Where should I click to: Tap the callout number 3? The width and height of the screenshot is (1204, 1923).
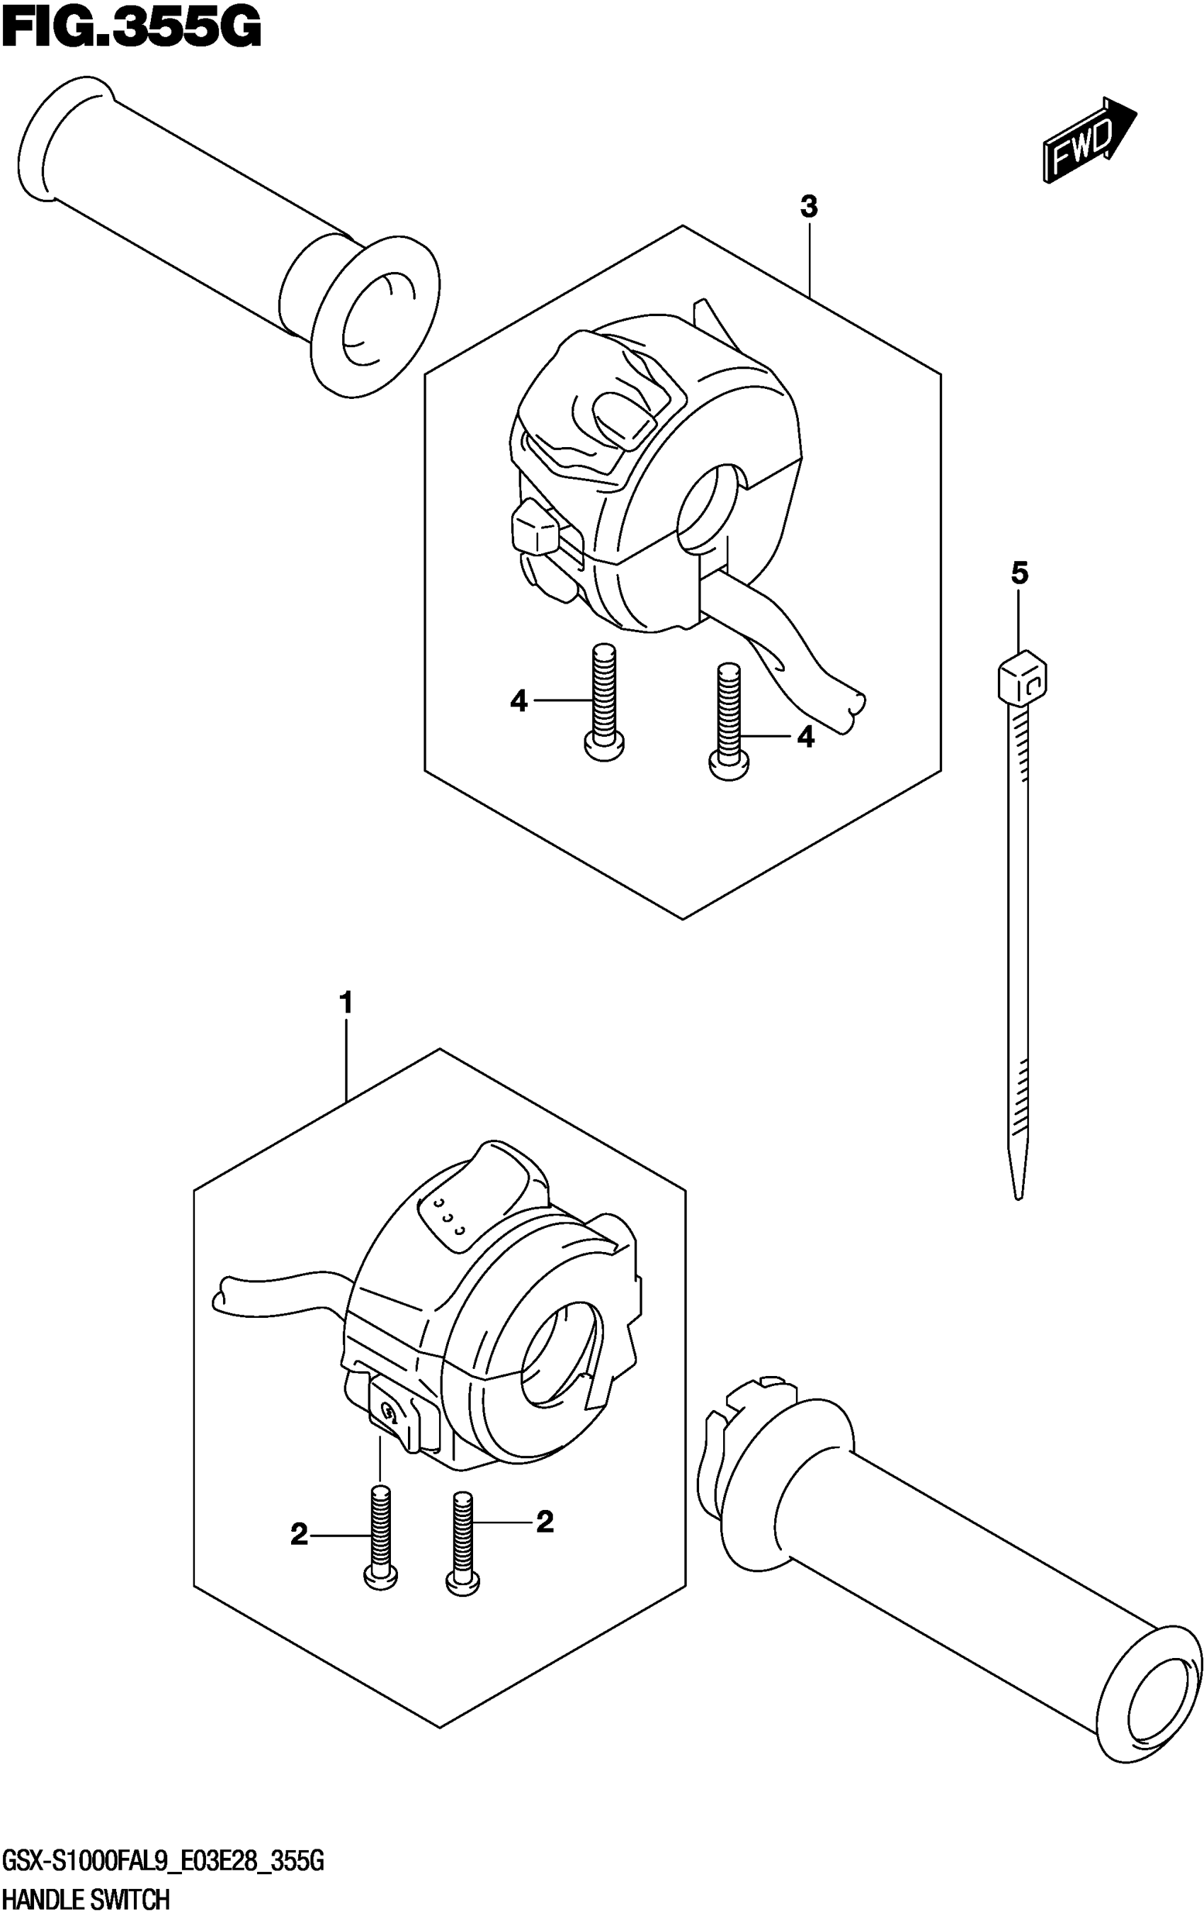coord(808,208)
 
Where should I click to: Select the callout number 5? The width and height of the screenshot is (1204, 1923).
coord(1019,573)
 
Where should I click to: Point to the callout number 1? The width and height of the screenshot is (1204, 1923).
coord(346,1002)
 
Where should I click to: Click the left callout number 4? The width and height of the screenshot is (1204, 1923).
coord(518,701)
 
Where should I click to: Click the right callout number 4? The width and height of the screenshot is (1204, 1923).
coord(806,738)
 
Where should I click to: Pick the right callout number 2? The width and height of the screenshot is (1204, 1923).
coord(545,1522)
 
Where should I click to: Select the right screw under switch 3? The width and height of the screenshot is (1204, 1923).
coord(728,721)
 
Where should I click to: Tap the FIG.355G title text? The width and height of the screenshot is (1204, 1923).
coord(132,30)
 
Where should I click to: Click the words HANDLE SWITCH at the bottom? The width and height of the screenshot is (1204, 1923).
coord(85,1898)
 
